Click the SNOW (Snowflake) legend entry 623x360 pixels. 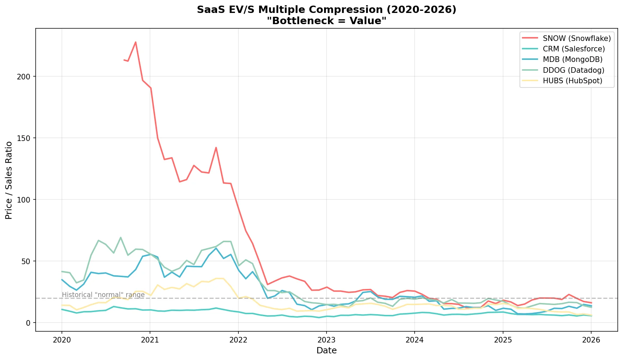577,38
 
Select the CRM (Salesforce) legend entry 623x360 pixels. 573,49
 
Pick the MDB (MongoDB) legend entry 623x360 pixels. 572,59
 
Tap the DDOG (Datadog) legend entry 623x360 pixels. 573,70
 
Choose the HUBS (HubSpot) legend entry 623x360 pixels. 572,81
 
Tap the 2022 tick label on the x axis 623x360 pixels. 238,340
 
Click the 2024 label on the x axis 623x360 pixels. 415,340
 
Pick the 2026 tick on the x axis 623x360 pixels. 591,340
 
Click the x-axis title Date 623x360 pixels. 327,351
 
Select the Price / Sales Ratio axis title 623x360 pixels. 9,180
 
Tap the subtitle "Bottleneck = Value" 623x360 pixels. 327,21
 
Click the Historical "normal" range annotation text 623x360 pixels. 103,295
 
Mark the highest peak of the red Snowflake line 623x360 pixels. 136,42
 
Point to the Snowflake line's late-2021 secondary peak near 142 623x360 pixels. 216,147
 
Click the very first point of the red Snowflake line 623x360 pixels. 124,60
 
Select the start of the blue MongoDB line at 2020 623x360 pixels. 62,280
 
